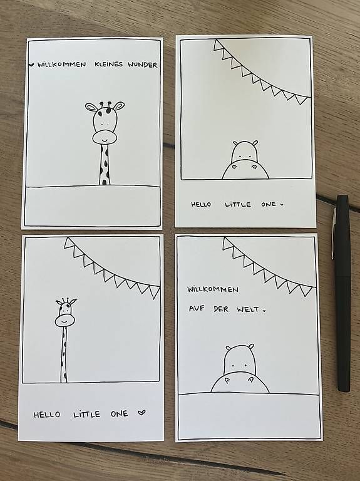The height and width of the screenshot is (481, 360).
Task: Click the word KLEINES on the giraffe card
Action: click(x=108, y=65)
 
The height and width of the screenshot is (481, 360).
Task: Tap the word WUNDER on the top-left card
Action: click(x=143, y=65)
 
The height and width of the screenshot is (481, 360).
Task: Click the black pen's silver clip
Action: click(x=333, y=233)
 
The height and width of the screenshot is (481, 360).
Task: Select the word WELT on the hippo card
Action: click(x=248, y=309)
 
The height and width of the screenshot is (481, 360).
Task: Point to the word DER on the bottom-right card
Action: click(x=221, y=309)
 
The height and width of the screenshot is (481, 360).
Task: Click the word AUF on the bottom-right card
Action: click(x=197, y=308)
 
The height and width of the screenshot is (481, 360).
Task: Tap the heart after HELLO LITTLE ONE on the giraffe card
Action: click(x=141, y=413)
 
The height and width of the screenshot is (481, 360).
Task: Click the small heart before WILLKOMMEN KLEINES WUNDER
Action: click(x=31, y=65)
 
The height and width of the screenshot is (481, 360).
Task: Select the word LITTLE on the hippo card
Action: click(x=238, y=205)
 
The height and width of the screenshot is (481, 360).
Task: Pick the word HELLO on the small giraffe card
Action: click(x=47, y=415)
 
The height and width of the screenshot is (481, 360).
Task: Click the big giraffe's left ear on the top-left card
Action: click(x=91, y=107)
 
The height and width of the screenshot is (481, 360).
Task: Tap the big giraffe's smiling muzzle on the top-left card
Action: click(x=105, y=137)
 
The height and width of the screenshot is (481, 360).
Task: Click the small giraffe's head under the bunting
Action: click(x=65, y=313)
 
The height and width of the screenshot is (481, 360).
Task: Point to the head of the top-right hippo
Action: click(x=244, y=151)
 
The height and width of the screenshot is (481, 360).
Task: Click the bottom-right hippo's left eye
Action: click(x=232, y=366)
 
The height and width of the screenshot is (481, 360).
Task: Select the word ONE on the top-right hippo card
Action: click(x=269, y=204)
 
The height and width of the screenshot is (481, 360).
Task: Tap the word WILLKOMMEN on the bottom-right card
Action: click(x=212, y=289)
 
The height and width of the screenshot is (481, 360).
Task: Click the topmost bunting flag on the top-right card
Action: click(x=218, y=45)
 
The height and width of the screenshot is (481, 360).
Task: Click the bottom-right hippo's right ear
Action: click(x=251, y=346)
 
